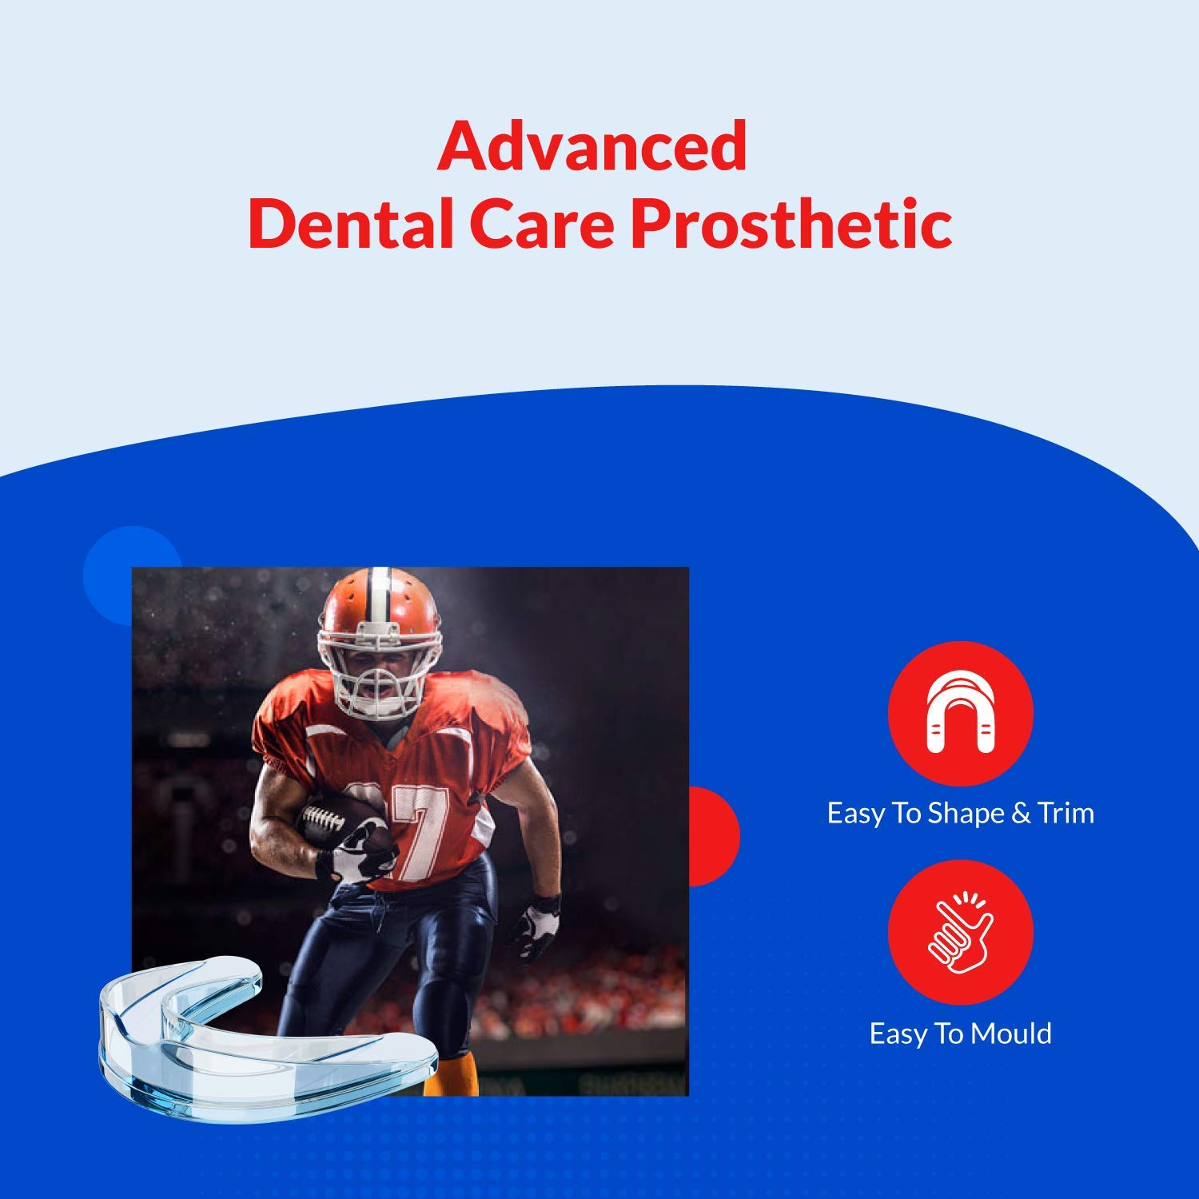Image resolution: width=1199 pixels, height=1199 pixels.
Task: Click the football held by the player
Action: point(344,823)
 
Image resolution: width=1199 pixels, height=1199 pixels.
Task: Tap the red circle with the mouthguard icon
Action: point(960,713)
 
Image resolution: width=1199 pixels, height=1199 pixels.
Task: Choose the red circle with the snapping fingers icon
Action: point(960,932)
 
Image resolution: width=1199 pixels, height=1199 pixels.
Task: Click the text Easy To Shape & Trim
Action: point(960,813)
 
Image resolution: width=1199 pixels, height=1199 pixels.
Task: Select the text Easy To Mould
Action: point(960,1034)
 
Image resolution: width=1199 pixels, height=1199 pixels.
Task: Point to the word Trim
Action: point(1066,813)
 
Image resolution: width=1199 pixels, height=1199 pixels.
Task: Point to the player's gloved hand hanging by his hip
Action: point(536,927)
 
